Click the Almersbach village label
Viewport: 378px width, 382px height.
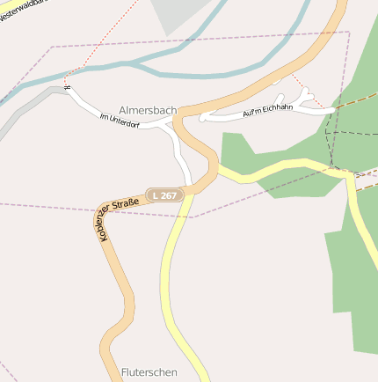(x=147, y=112)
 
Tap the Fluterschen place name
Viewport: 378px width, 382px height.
(x=149, y=372)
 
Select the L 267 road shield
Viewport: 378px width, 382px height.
(x=164, y=195)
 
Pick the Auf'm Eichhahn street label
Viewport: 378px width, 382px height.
(x=265, y=113)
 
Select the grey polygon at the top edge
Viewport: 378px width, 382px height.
(x=180, y=14)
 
